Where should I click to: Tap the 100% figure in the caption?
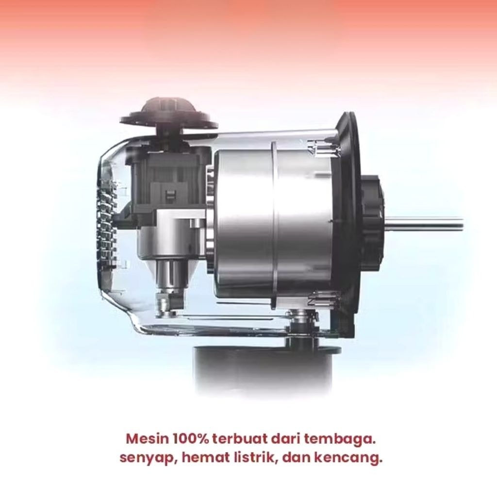(191, 439)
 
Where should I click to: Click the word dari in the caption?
(286, 439)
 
